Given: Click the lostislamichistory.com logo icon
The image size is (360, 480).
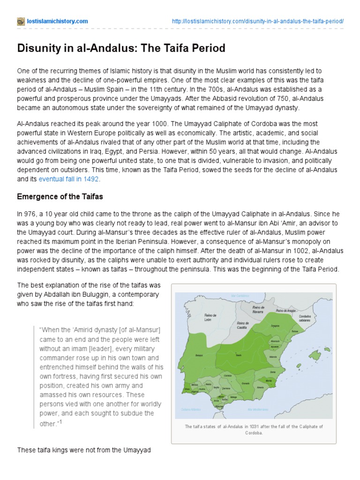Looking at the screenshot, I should pyautogui.click(x=20, y=22).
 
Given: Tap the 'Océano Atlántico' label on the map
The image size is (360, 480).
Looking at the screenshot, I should pyautogui.click(x=191, y=409).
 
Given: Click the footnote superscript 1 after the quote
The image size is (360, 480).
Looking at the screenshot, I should pyautogui.click(x=60, y=421).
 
